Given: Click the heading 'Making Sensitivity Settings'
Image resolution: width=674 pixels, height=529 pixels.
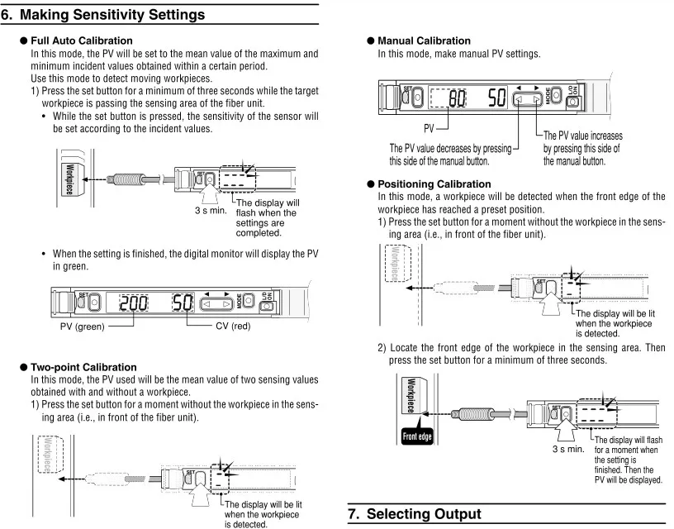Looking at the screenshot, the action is click(x=112, y=15).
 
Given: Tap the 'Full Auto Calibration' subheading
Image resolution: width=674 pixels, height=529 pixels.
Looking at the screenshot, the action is click(x=82, y=41).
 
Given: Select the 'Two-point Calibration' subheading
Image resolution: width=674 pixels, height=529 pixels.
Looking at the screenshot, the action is click(x=83, y=367).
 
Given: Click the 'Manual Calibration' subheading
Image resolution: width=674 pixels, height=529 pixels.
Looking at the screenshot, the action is click(x=425, y=41).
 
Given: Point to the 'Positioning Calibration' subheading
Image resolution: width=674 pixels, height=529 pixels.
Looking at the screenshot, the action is click(x=434, y=184).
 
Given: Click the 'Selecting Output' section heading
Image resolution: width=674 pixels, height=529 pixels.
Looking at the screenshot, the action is click(x=424, y=514).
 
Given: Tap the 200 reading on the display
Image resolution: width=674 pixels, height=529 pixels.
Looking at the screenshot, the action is click(x=134, y=303).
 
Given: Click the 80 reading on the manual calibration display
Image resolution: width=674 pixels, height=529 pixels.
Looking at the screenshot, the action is click(x=458, y=98).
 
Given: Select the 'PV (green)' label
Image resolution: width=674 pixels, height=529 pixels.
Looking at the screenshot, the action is click(x=82, y=326).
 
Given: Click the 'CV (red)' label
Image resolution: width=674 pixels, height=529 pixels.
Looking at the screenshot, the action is click(x=233, y=326).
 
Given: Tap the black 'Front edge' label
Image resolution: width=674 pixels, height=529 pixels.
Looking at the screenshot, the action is click(x=417, y=436).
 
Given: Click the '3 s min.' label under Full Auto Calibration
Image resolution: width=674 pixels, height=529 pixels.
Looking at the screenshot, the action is click(x=211, y=210).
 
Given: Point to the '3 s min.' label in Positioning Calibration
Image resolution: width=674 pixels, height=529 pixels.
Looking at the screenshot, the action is click(x=568, y=449).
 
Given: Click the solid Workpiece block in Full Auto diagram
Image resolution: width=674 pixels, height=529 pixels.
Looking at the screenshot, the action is click(x=69, y=179).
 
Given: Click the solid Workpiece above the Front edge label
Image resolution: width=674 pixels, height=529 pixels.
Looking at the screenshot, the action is click(x=414, y=396).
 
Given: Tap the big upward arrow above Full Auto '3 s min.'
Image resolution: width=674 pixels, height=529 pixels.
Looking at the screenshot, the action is click(x=209, y=193).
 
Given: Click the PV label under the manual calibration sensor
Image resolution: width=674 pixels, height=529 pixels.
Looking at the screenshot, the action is click(x=429, y=128).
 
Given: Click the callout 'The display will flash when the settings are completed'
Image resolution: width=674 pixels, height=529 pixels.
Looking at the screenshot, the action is click(x=268, y=217).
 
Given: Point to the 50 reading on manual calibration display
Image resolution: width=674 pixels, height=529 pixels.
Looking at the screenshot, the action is click(x=497, y=98).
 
